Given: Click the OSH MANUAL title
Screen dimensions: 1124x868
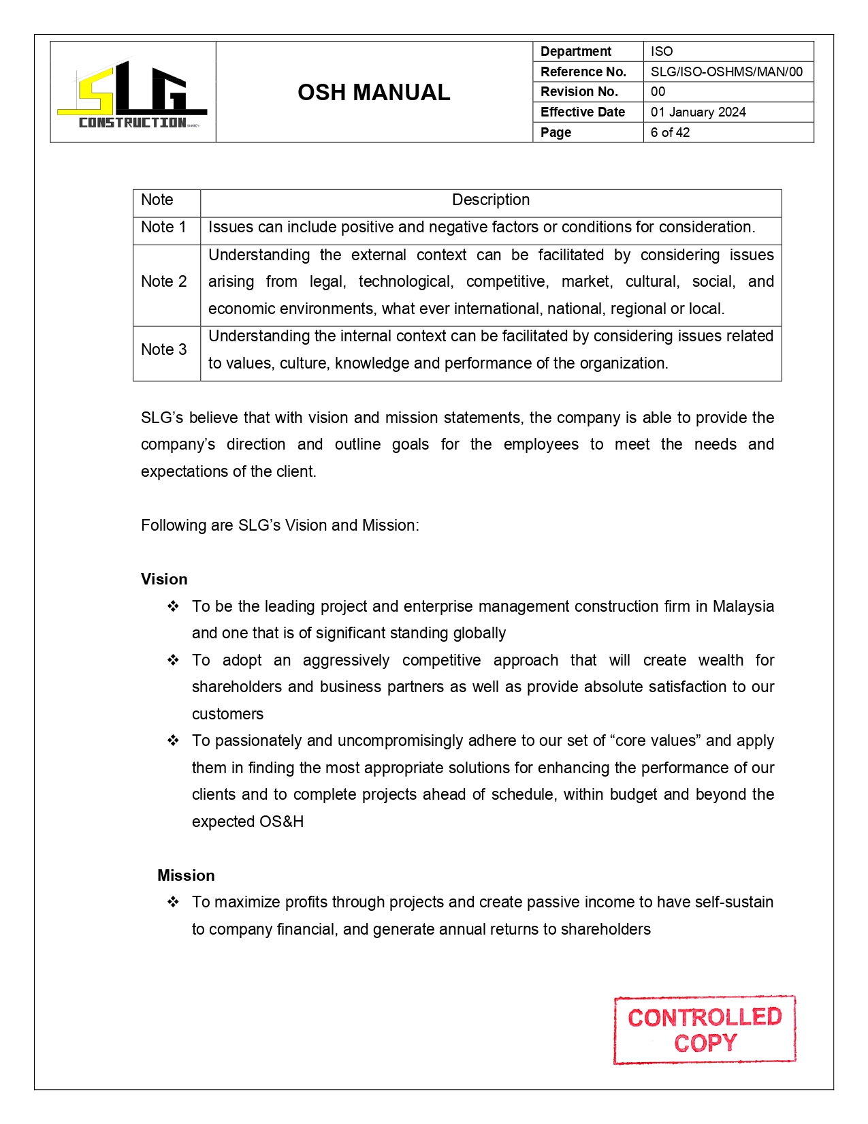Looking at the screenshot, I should click(x=374, y=93).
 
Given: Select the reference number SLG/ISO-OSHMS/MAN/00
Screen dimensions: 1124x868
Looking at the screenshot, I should click(x=726, y=72).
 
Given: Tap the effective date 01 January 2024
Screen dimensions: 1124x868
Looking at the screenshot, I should click(x=698, y=112).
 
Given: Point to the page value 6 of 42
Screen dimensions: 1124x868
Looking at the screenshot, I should click(x=670, y=132).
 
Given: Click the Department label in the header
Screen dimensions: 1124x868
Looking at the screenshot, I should click(x=575, y=51).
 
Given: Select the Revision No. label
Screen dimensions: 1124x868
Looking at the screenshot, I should click(x=579, y=91).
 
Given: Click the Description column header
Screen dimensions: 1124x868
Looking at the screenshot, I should click(x=490, y=200).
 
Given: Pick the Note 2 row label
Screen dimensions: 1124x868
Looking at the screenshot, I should click(x=163, y=281).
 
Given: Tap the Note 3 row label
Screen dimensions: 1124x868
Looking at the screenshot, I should click(x=163, y=349).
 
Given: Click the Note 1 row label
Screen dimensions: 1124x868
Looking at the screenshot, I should click(x=163, y=227).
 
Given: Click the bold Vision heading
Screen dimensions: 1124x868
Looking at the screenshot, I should click(x=164, y=579).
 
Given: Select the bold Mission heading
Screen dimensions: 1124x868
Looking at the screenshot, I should click(x=186, y=875).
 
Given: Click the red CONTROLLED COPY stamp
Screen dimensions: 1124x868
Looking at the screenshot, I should click(x=705, y=1029).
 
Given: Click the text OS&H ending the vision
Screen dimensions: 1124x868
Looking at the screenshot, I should click(x=281, y=822).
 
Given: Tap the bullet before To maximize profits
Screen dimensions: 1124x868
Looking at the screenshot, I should click(x=173, y=902).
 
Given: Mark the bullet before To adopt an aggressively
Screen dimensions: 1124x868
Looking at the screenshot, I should click(x=173, y=660).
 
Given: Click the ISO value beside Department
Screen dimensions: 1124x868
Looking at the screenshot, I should click(x=661, y=51).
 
